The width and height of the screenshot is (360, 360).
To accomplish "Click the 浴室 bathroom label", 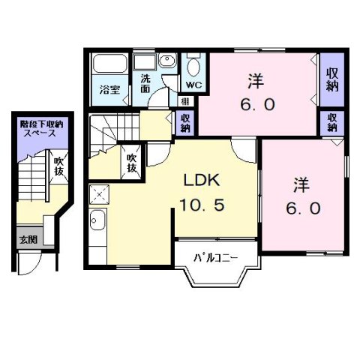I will click(110, 90).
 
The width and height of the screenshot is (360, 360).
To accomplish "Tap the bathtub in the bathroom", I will click(110, 67).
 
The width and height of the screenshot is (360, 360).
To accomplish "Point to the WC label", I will click(193, 85).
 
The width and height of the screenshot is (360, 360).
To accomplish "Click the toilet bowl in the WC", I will click(193, 67).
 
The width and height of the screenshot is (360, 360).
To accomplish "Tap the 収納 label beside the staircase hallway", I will click(184, 121).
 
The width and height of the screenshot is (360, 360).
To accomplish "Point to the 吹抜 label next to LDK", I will click(131, 163).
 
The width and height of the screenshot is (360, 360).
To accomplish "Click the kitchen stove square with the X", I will click(98, 196).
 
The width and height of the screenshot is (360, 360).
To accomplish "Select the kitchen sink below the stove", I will click(97, 221).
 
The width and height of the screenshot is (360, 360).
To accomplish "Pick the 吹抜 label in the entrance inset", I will click(58, 166).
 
